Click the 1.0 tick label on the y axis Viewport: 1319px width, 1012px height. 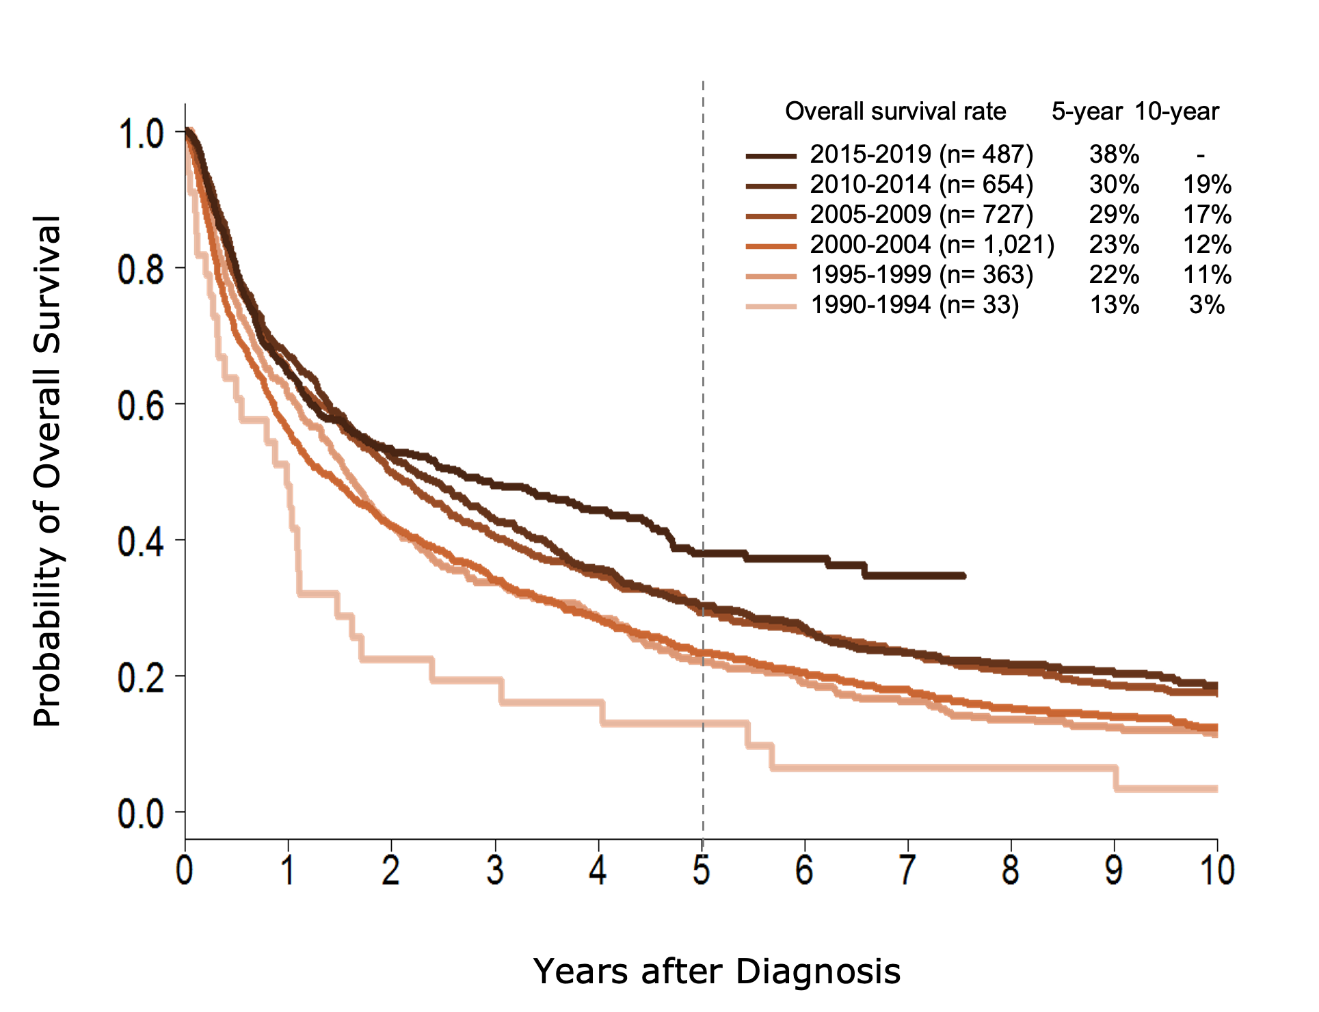[x=142, y=135]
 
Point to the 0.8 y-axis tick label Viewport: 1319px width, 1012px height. [x=141, y=271]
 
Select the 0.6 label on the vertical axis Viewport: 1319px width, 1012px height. [x=141, y=406]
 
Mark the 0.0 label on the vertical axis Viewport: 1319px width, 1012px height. [x=141, y=814]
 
